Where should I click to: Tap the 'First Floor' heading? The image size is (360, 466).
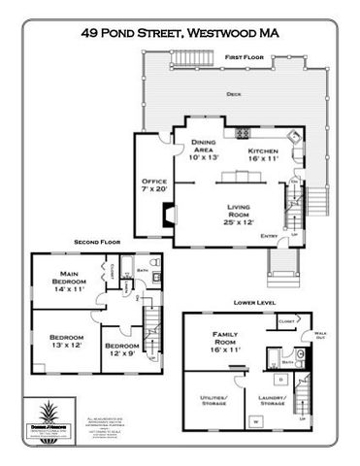tap(245, 58)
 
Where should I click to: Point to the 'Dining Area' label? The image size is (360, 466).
tap(203, 149)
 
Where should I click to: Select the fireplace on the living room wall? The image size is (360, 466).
tap(170, 222)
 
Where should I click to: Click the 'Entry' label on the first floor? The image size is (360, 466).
tap(270, 234)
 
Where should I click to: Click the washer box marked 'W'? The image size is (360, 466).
tap(256, 420)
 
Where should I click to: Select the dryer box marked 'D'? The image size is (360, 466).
tap(280, 378)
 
